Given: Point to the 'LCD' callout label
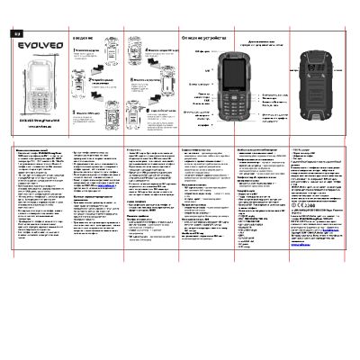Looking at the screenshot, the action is pyautogui.click(x=208, y=66).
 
